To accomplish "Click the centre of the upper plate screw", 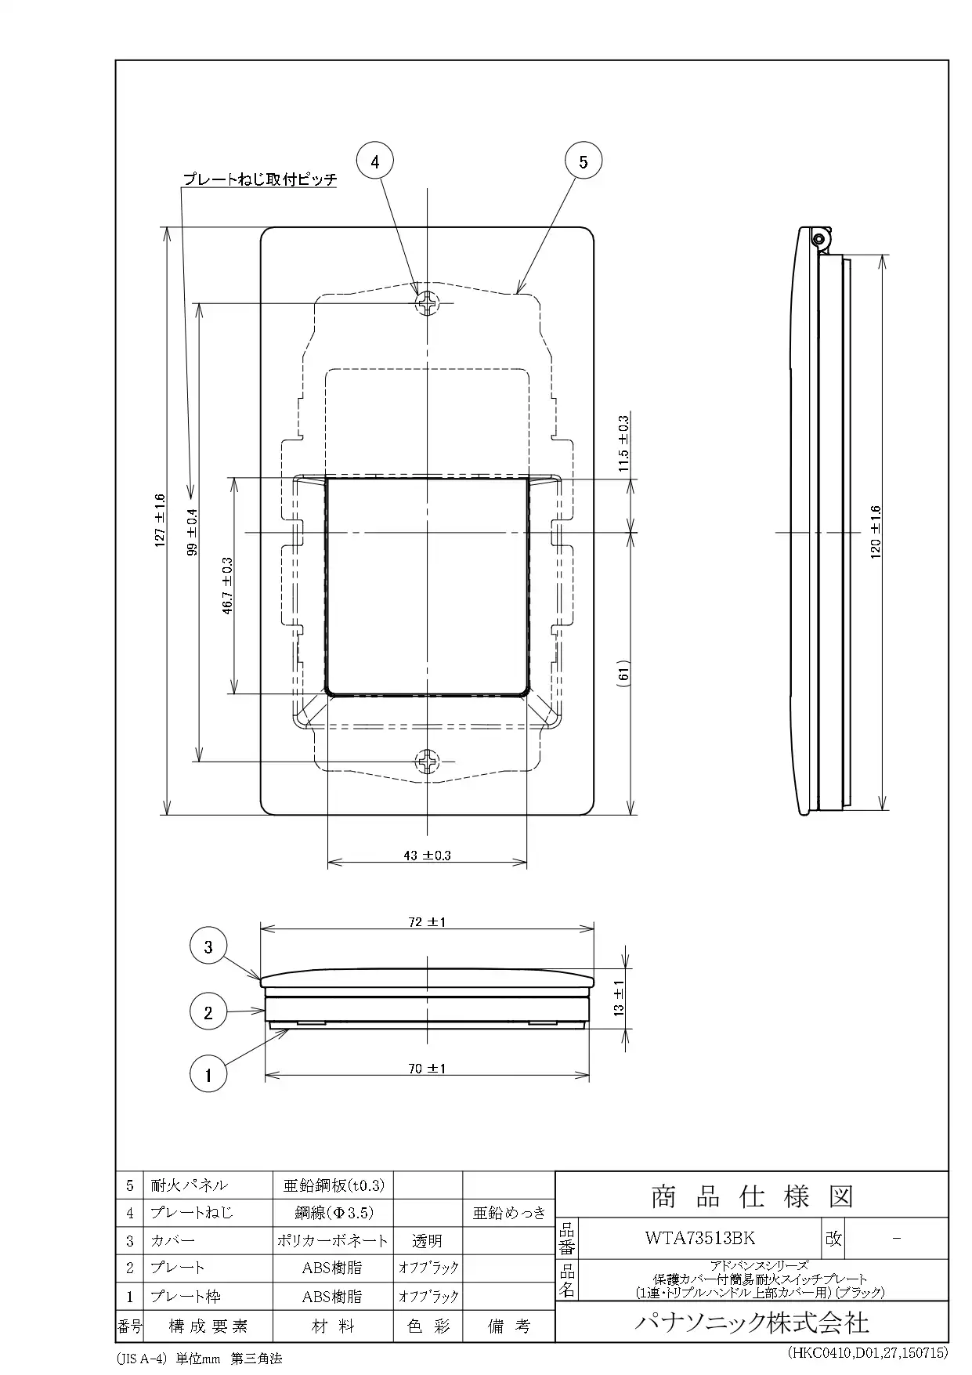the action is [428, 303].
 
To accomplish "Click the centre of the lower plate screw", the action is [428, 761].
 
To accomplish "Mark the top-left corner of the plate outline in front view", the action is [261, 228].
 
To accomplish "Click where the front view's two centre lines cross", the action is [428, 533].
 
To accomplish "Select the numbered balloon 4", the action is [375, 161].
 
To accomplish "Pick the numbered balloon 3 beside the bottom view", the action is [208, 946].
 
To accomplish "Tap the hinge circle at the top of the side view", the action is [819, 237].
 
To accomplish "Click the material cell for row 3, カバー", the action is [333, 1240].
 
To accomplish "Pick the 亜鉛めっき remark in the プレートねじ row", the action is [509, 1213].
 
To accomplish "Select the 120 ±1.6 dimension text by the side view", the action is [876, 532].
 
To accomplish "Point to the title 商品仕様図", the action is [752, 1196].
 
